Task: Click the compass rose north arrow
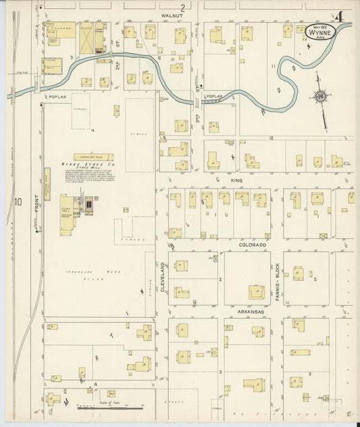click(319, 97)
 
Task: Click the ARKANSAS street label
click(250, 311)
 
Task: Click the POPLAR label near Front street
click(55, 97)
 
